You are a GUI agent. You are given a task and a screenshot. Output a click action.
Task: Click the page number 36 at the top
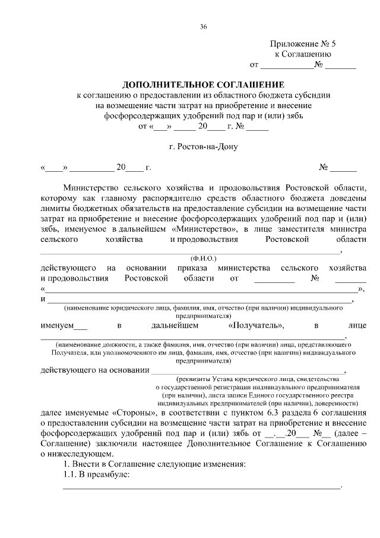click(x=204, y=27)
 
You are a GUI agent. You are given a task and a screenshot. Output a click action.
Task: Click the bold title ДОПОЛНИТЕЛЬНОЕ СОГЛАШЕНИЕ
click(x=204, y=84)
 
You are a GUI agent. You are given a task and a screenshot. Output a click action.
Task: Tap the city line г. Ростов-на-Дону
click(x=204, y=147)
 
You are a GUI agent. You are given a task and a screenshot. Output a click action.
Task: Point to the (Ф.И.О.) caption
click(x=204, y=259)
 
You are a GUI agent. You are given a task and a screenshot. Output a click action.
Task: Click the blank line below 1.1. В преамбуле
click(x=202, y=486)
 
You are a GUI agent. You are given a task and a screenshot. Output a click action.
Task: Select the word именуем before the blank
click(x=56, y=326)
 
